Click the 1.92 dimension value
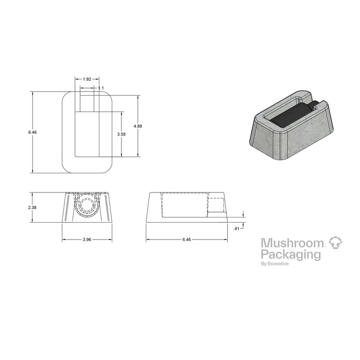click(87, 79)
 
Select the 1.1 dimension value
click(101, 88)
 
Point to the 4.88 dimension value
click(138, 126)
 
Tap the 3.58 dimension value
click(121, 134)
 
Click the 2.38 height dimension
click(32, 207)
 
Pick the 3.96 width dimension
click(87, 240)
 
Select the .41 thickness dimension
click(236, 228)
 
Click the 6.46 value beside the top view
click(32, 132)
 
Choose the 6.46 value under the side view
click(187, 240)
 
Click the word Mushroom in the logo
click(292, 243)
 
